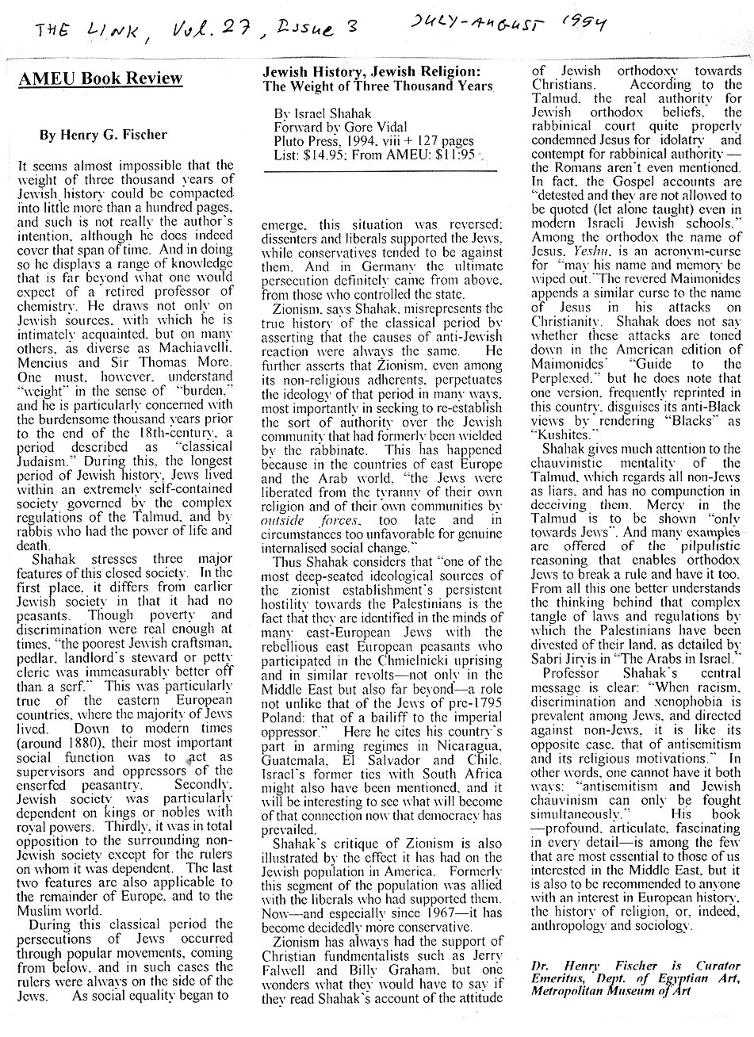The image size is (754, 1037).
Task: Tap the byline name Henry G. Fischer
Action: tap(103, 135)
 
